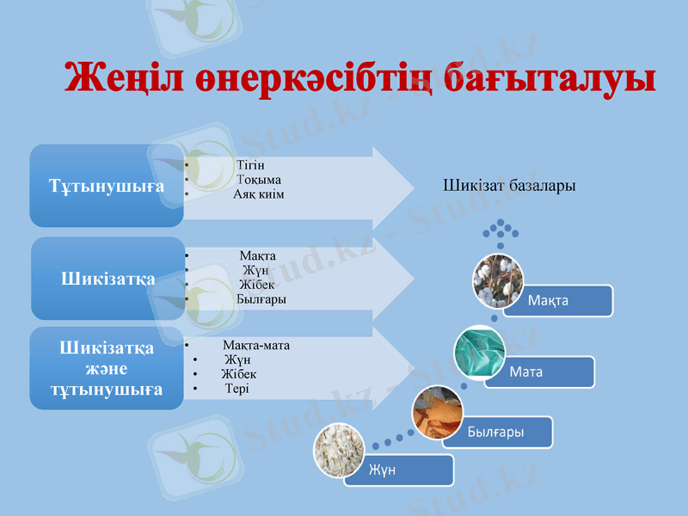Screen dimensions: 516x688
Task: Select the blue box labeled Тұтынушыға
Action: pos(107,186)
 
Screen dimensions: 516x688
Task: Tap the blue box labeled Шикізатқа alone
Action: pos(107,279)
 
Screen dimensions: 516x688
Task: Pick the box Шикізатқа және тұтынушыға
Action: pos(107,368)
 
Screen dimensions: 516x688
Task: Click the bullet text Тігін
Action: pos(249,164)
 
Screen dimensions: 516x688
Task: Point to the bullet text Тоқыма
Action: pos(259,179)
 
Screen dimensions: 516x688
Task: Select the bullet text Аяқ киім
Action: pos(259,193)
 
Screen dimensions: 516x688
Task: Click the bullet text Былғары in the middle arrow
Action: pos(261,298)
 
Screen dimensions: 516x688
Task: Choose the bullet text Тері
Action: pos(237,389)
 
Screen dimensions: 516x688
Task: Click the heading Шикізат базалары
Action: pos(509,185)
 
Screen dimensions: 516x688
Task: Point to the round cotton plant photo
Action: pos(498,280)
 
